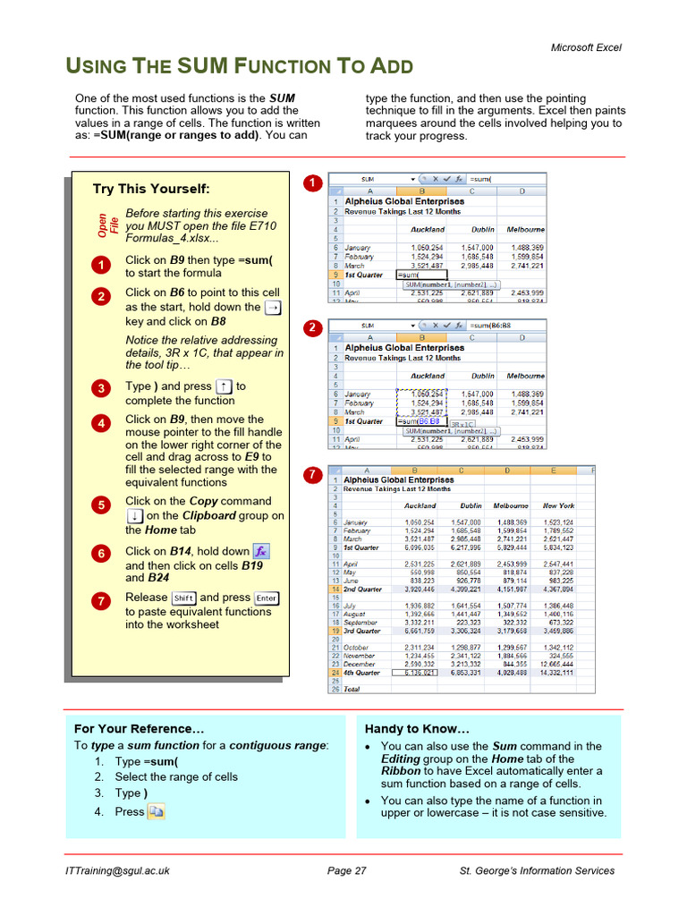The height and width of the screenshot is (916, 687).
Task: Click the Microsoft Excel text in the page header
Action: tap(585, 47)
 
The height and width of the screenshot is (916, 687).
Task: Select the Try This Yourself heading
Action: tap(151, 189)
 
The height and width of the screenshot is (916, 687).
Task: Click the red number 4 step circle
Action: tap(101, 423)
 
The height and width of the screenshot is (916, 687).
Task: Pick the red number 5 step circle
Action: tap(101, 505)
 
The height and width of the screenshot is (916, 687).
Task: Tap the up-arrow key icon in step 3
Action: tap(225, 387)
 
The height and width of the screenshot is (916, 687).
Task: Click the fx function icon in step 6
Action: tap(261, 552)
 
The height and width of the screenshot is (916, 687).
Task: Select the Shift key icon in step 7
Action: tap(183, 598)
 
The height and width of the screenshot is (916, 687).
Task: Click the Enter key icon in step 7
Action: tap(267, 598)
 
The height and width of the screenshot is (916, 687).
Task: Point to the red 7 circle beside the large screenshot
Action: tap(311, 476)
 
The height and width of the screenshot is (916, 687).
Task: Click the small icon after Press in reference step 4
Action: tap(157, 812)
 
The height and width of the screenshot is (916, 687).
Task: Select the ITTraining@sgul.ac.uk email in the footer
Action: tap(117, 871)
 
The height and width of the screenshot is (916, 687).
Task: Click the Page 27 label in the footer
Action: tap(347, 871)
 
